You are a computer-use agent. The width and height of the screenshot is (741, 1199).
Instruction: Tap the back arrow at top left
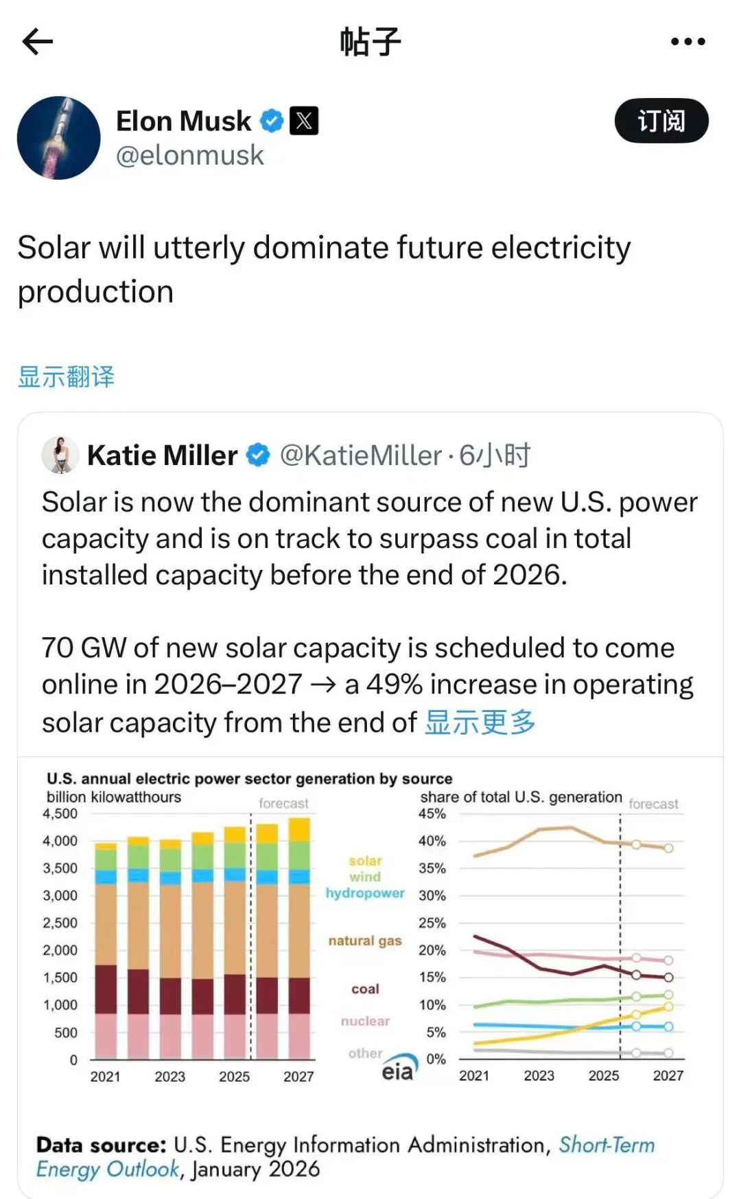pyautogui.click(x=38, y=42)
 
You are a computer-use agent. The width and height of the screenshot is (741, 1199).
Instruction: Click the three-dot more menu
pyautogui.click(x=687, y=42)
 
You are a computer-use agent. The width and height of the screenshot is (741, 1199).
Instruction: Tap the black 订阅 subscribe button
pyautogui.click(x=661, y=121)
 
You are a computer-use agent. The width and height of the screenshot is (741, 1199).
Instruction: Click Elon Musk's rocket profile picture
pyautogui.click(x=59, y=138)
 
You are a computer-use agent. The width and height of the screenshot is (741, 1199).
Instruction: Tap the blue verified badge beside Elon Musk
pyautogui.click(x=272, y=121)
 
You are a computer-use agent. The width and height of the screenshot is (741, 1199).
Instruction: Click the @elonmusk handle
pyautogui.click(x=190, y=156)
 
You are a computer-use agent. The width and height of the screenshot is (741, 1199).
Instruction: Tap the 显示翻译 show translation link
pyautogui.click(x=66, y=377)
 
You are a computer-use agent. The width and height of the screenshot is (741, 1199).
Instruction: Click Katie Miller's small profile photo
pyautogui.click(x=60, y=455)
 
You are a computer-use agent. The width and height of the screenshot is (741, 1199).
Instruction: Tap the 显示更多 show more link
pyautogui.click(x=480, y=722)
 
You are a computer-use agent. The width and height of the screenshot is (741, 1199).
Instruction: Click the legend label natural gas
pyautogui.click(x=365, y=941)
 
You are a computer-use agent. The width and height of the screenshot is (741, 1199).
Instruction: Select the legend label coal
pyautogui.click(x=365, y=989)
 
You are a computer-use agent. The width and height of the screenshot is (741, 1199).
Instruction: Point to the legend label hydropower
pyautogui.click(x=365, y=893)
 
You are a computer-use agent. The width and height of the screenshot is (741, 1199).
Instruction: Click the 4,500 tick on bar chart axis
pyautogui.click(x=60, y=814)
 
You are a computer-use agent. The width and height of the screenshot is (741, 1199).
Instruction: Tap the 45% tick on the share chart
pyautogui.click(x=432, y=814)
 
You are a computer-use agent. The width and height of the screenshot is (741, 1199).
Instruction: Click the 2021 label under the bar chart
pyautogui.click(x=105, y=1077)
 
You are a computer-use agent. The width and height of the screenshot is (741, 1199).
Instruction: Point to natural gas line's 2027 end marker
pyautogui.click(x=668, y=848)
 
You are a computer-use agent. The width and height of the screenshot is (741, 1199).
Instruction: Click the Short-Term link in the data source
pyautogui.click(x=607, y=1145)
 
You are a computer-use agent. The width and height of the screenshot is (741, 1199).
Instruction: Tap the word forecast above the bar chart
pyautogui.click(x=283, y=803)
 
